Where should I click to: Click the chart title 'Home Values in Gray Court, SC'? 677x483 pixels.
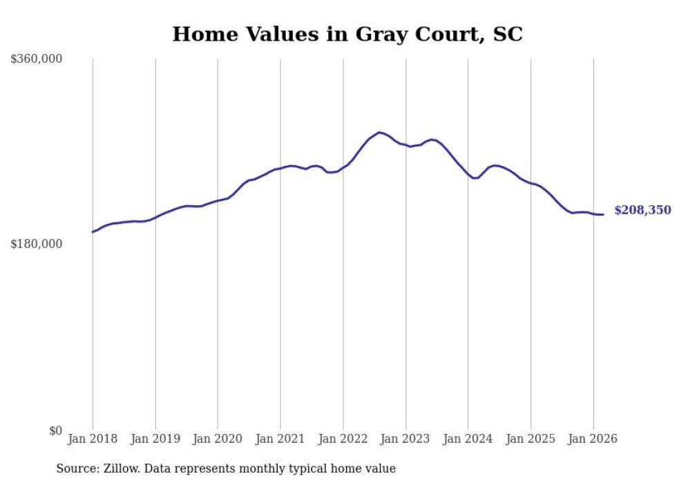(x=347, y=34)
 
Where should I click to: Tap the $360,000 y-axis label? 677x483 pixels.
(x=37, y=59)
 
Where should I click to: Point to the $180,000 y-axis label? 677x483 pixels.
(x=37, y=244)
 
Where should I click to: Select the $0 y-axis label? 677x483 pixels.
(x=55, y=430)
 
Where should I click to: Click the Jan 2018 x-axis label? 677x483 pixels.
(x=93, y=439)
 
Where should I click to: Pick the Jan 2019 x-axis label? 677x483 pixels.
(x=155, y=439)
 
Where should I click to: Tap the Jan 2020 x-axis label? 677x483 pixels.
(x=218, y=439)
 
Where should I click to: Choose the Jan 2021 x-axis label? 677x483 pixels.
(x=280, y=439)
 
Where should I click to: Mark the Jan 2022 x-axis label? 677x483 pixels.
(x=343, y=439)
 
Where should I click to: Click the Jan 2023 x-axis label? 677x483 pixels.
(x=406, y=439)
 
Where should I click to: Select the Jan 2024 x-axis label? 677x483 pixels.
(x=468, y=439)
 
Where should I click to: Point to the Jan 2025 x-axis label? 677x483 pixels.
(x=531, y=439)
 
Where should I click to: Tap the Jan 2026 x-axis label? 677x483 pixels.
(x=593, y=439)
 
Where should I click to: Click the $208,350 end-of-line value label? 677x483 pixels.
(x=642, y=210)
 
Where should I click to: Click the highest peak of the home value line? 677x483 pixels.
(x=379, y=132)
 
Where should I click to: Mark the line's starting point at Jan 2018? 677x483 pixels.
(x=93, y=232)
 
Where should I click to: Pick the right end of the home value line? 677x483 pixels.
(x=603, y=214)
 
